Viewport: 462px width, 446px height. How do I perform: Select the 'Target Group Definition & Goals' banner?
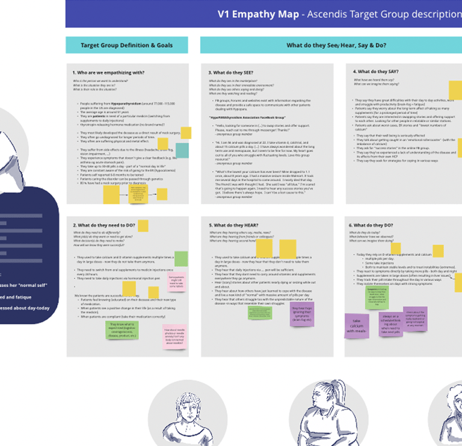click(x=126, y=45)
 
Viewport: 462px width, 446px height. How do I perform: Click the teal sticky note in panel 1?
click(x=182, y=150)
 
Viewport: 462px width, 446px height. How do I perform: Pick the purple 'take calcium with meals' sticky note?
click(x=357, y=326)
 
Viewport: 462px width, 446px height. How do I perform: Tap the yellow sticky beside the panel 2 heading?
click(x=143, y=226)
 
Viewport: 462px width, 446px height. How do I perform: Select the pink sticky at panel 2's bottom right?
click(x=174, y=337)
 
